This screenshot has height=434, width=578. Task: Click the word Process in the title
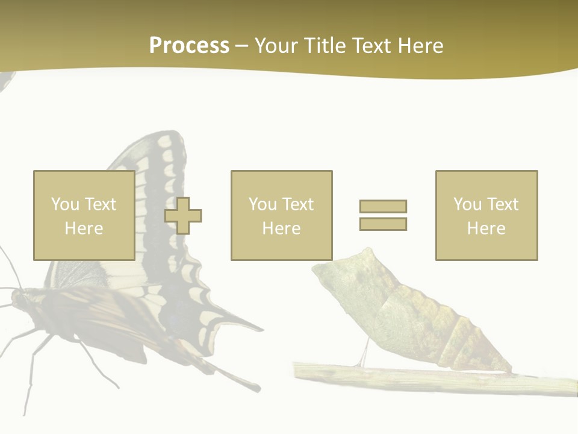point(189,46)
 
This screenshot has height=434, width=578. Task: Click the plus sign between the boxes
point(184,215)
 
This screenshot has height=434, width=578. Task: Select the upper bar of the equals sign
point(383,206)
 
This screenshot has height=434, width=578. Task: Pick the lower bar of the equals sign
point(383,224)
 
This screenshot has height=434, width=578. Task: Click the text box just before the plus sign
point(84,215)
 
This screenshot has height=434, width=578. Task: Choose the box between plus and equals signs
point(281,215)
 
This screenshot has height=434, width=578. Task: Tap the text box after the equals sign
point(486,215)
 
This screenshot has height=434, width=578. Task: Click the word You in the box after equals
point(467,204)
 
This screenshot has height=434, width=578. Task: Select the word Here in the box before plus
point(84,228)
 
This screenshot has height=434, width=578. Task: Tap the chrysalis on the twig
point(409,313)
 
